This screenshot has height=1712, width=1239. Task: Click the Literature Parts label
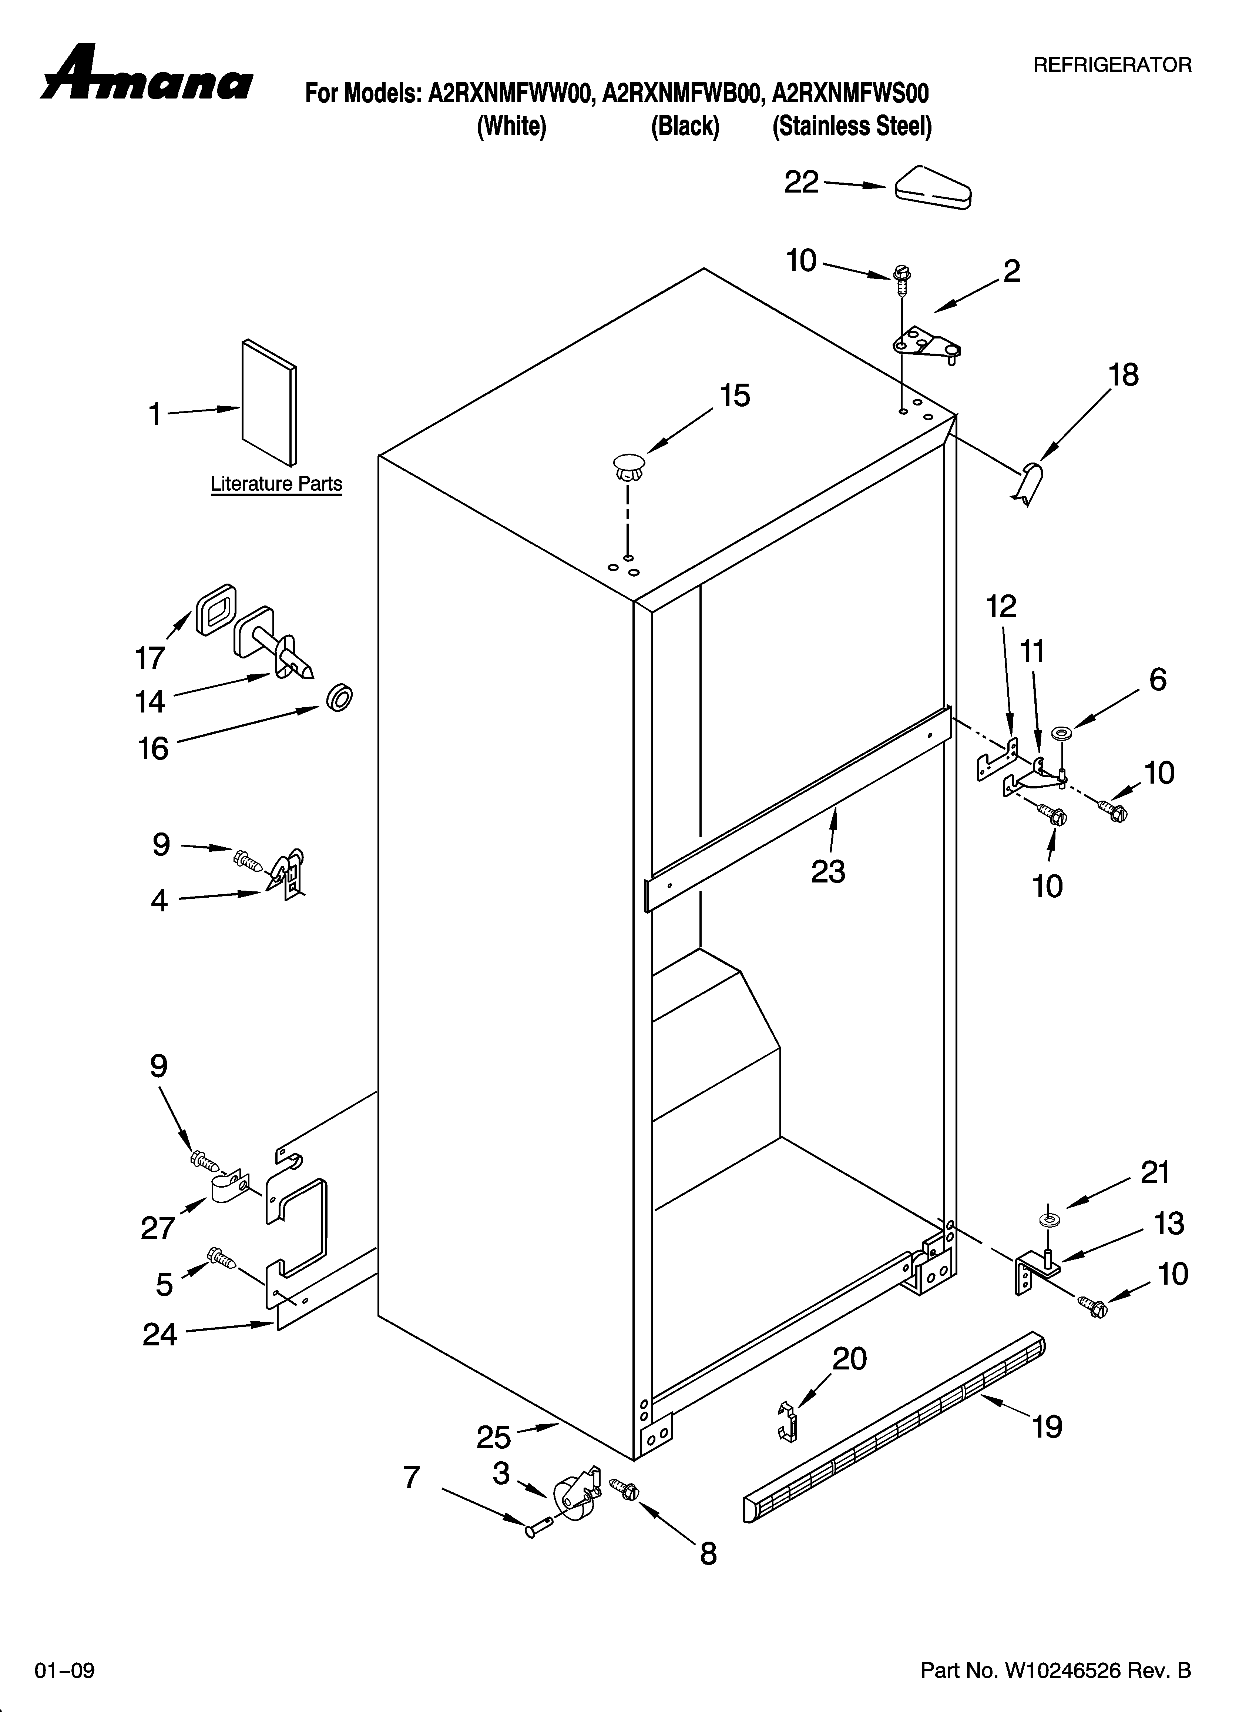click(276, 484)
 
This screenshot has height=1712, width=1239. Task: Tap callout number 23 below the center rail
click(828, 872)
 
